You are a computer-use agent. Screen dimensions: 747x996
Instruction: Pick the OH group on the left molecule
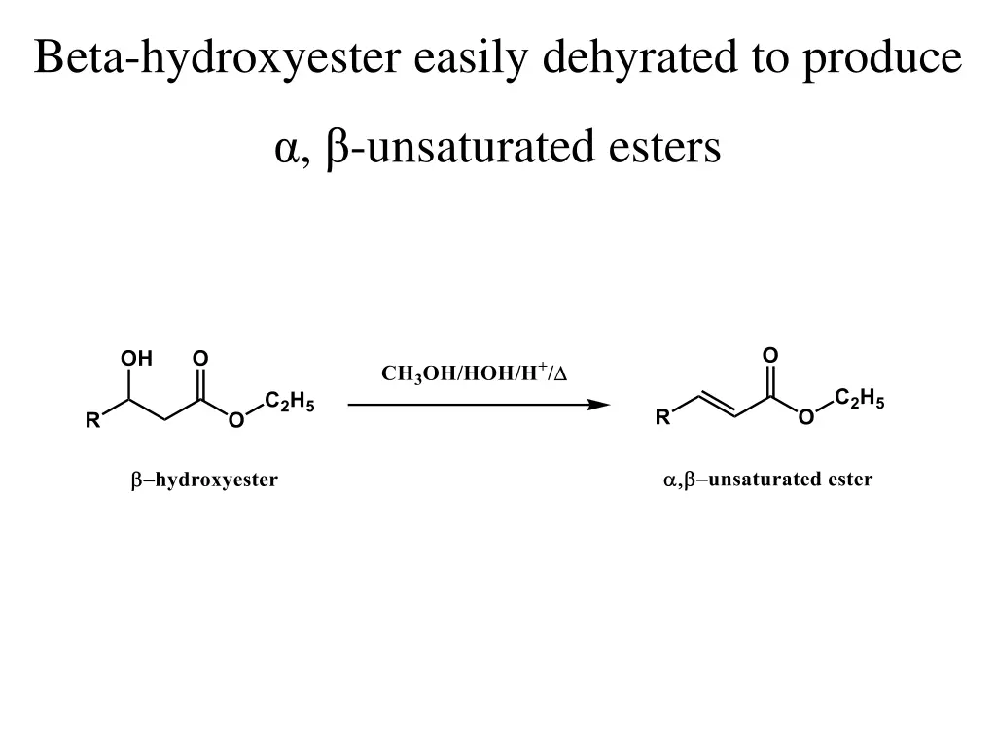click(x=136, y=359)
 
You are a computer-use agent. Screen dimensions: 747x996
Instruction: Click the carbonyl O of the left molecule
click(x=199, y=359)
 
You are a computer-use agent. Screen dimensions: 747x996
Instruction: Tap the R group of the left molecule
click(x=92, y=421)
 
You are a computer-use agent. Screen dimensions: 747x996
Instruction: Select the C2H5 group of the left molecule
click(x=289, y=402)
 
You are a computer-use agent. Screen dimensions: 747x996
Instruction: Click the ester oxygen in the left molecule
click(x=235, y=421)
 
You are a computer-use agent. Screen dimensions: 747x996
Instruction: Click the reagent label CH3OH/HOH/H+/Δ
click(x=474, y=373)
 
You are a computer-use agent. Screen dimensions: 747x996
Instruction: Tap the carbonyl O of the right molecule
click(x=769, y=355)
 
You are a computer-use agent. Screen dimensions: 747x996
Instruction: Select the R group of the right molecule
click(x=662, y=418)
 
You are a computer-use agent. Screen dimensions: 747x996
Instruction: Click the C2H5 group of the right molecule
click(x=859, y=398)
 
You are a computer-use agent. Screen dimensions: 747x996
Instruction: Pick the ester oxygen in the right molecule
click(x=805, y=418)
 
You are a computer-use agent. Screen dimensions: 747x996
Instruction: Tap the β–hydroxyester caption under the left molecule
click(x=205, y=480)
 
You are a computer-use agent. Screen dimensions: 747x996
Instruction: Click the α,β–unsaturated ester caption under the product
click(x=767, y=480)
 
